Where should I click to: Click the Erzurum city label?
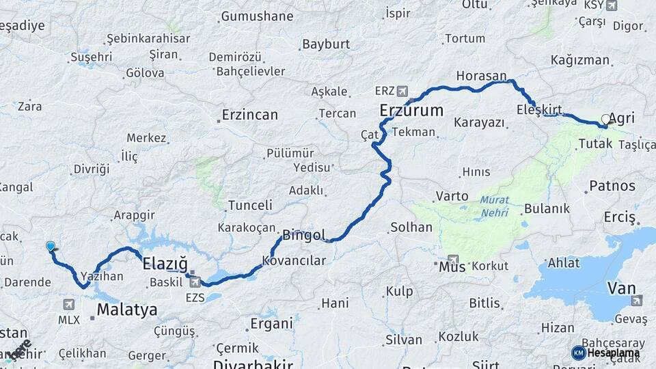point(411,110)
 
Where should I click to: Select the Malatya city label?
point(127,310)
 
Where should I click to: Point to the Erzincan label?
point(250,115)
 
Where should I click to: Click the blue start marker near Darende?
point(51,246)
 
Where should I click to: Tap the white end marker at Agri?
point(605,119)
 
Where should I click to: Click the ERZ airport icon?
point(401,90)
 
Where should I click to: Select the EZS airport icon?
point(195,282)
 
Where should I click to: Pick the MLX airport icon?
point(69,304)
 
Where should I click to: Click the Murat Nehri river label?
point(493,206)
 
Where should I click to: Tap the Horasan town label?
point(482,76)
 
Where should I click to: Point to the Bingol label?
point(304,235)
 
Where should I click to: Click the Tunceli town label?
point(250,205)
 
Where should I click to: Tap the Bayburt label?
point(326,44)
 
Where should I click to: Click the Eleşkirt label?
point(539,109)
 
